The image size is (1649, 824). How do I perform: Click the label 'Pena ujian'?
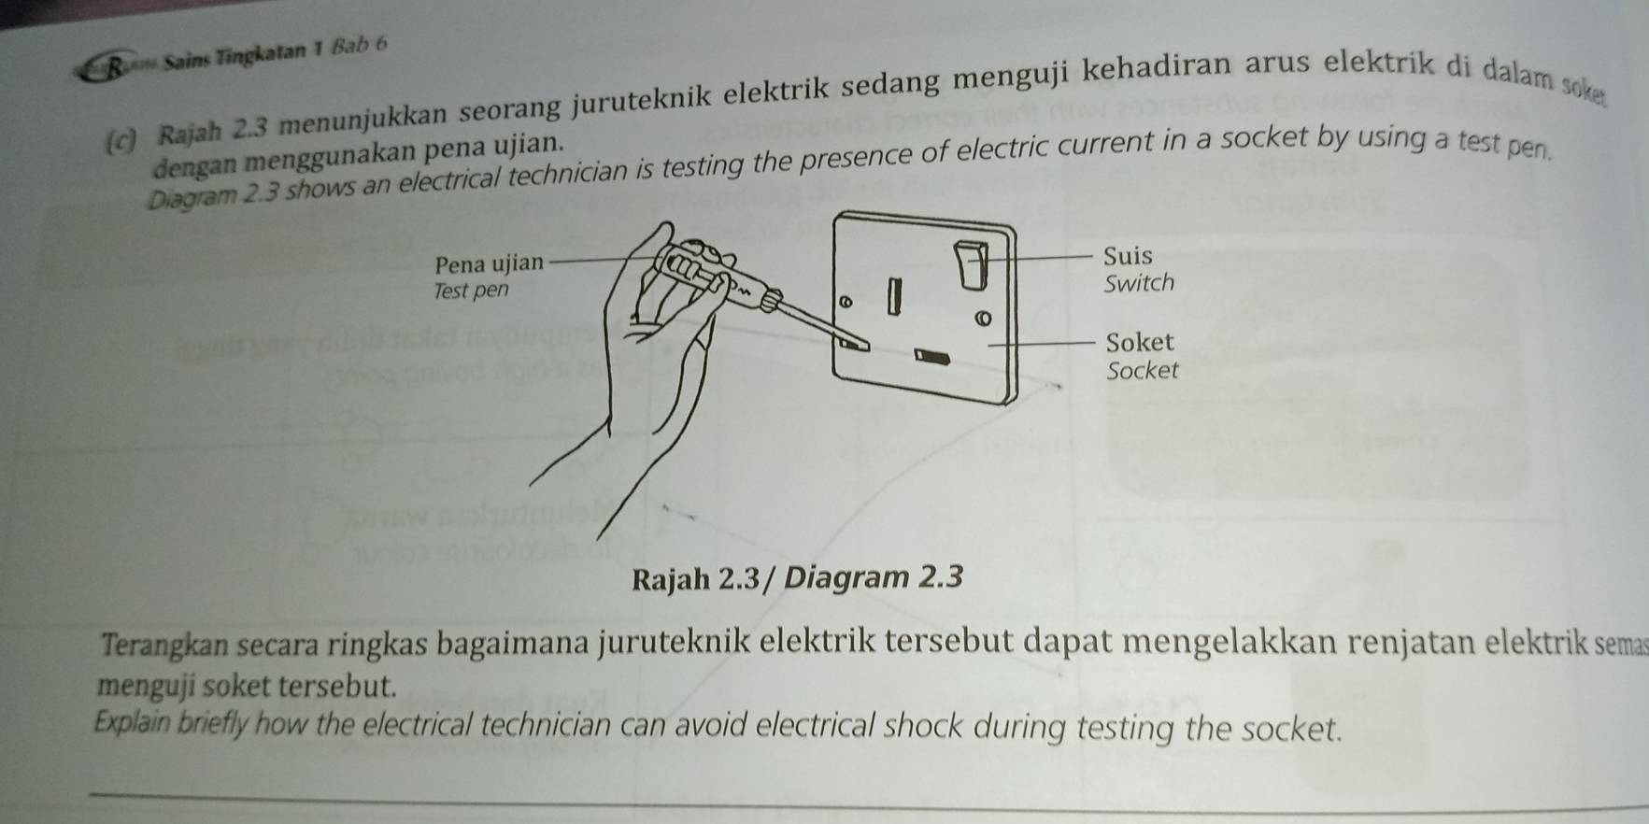(x=489, y=263)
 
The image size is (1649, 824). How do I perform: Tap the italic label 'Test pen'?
(x=471, y=291)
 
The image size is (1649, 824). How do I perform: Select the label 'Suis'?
(x=1127, y=256)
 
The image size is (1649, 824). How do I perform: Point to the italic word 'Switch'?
(x=1138, y=283)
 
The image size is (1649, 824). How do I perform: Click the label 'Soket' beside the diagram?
(x=1139, y=342)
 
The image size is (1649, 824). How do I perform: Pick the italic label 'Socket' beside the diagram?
(x=1142, y=371)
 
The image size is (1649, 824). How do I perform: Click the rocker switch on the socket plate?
(x=971, y=264)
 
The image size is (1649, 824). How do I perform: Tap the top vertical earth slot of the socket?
(x=893, y=295)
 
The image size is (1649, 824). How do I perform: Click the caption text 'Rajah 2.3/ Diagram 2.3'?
(x=797, y=578)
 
